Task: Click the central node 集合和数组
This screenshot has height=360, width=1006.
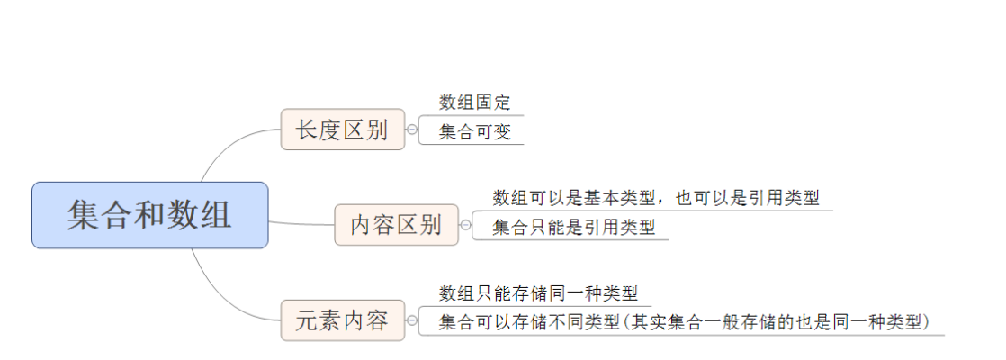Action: click(x=149, y=215)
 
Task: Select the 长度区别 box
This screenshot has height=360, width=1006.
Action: click(x=342, y=130)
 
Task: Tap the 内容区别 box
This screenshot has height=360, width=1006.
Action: click(x=396, y=225)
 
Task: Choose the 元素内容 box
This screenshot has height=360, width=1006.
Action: click(x=342, y=319)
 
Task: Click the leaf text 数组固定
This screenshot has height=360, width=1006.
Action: click(x=475, y=103)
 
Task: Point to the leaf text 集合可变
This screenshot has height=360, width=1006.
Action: click(x=475, y=132)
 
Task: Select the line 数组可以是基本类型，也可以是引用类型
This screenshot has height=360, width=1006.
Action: click(x=656, y=198)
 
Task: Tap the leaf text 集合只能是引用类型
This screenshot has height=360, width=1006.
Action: click(x=573, y=228)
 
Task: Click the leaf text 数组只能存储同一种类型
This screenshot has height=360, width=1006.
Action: click(x=538, y=292)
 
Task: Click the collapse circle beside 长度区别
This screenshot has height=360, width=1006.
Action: click(x=412, y=130)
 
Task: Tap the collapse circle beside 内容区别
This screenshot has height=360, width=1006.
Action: click(x=465, y=225)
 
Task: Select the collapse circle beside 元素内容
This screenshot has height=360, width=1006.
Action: click(x=412, y=319)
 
